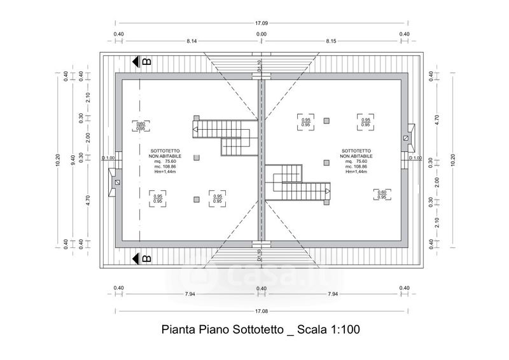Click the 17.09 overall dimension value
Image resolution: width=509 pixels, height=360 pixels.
pos(261,24)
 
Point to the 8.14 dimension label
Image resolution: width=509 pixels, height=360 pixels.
pos(192,41)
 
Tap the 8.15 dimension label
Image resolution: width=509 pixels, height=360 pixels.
pos(330,41)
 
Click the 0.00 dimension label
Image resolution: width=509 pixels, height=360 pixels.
pos(261,34)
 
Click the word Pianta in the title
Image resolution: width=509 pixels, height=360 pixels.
pos(178,331)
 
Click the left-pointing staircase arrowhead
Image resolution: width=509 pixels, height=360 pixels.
pos(197,130)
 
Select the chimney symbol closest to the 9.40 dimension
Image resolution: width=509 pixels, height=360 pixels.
pos(116,181)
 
